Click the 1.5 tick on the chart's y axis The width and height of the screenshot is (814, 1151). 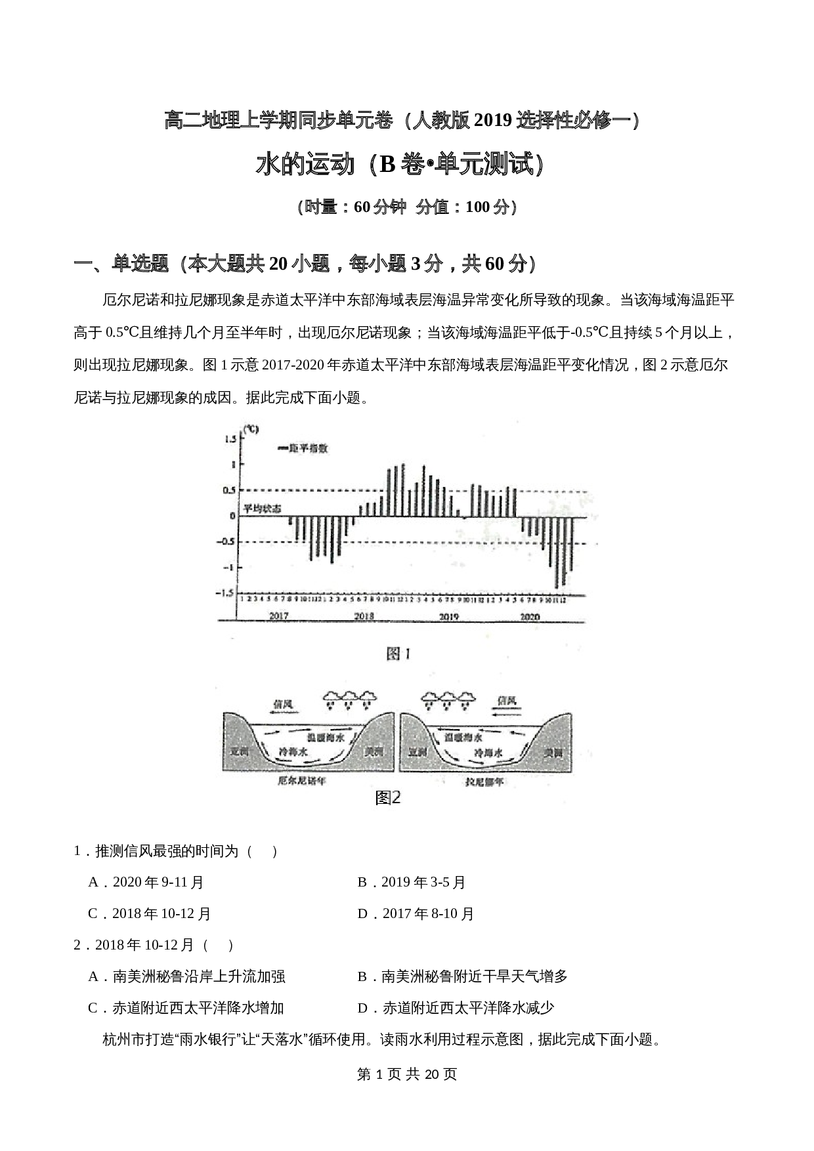click(x=230, y=439)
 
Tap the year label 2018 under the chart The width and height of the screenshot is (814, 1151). click(x=364, y=616)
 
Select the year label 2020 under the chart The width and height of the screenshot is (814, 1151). click(x=530, y=616)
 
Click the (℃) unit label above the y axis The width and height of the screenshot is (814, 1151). click(x=251, y=429)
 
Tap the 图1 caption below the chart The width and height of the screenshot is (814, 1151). click(x=398, y=654)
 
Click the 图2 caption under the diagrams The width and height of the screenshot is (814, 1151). click(x=388, y=797)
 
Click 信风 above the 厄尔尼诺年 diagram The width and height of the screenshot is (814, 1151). click(x=283, y=704)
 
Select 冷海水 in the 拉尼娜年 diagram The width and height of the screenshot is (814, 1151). click(x=488, y=753)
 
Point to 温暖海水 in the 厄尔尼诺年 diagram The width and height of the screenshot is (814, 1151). click(x=326, y=738)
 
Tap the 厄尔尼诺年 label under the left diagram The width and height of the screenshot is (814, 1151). click(x=302, y=781)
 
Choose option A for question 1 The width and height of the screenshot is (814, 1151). click(x=146, y=882)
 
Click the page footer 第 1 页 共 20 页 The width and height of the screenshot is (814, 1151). click(x=407, y=1074)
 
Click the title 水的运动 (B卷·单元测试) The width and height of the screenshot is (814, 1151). click(x=400, y=165)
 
